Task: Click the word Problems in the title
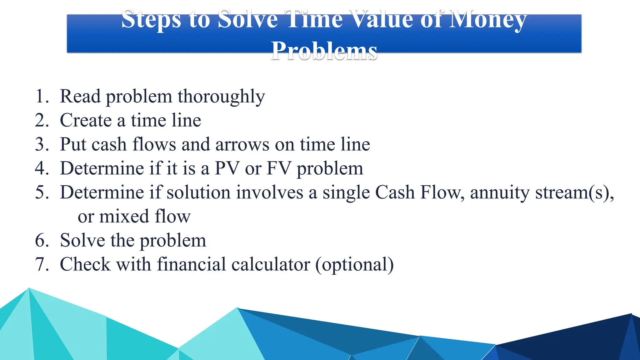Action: pyautogui.click(x=324, y=50)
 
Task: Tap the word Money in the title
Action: pyautogui.click(x=488, y=19)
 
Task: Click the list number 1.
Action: pyautogui.click(x=41, y=96)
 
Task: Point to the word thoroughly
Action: pyautogui.click(x=221, y=96)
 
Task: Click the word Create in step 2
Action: pyautogui.click(x=86, y=120)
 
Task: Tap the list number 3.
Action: pyautogui.click(x=41, y=144)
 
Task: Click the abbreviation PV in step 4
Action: pyautogui.click(x=227, y=168)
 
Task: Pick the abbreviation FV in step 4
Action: pyautogui.click(x=279, y=168)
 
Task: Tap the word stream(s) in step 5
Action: pyautogui.click(x=574, y=192)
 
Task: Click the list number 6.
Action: pyautogui.click(x=41, y=240)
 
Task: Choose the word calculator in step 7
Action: pyautogui.click(x=271, y=264)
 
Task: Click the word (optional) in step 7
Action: pyautogui.click(x=354, y=264)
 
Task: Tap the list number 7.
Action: pyautogui.click(x=41, y=264)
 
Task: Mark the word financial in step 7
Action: pyautogui.click(x=191, y=264)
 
